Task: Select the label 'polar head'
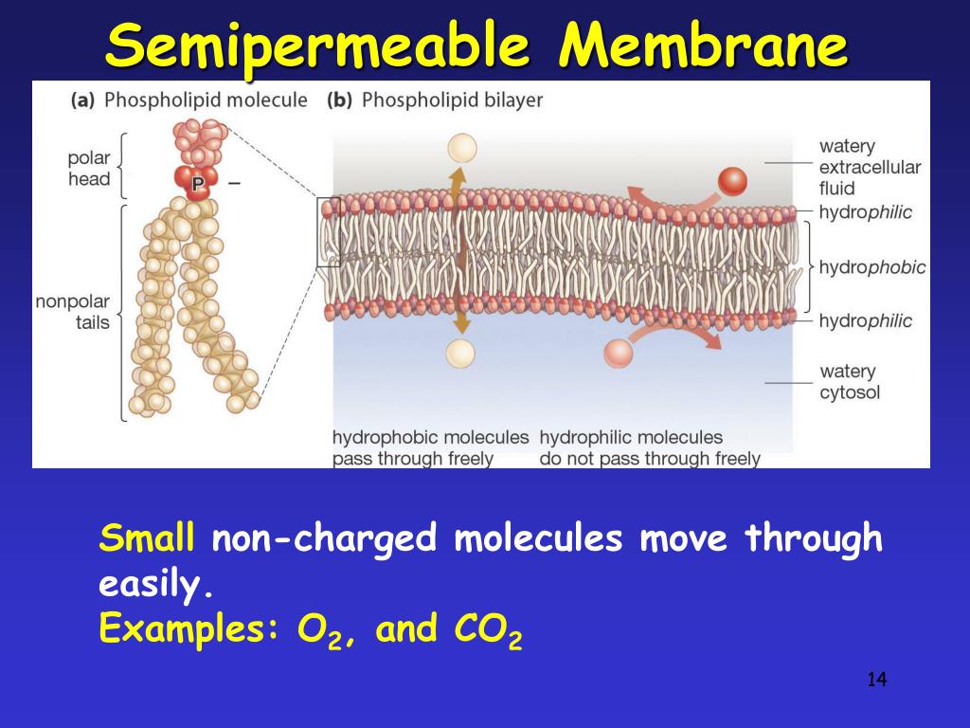tap(89, 169)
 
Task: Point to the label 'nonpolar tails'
tap(73, 312)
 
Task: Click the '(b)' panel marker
tap(339, 100)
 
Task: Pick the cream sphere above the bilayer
tap(461, 148)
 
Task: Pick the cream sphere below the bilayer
tap(460, 353)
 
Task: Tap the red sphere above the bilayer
tap(732, 180)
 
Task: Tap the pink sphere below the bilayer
tap(618, 353)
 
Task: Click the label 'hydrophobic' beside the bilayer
tap(872, 267)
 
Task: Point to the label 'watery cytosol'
tap(850, 381)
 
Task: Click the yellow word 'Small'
tap(147, 539)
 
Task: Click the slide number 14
tap(876, 680)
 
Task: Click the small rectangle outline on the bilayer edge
tap(328, 232)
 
